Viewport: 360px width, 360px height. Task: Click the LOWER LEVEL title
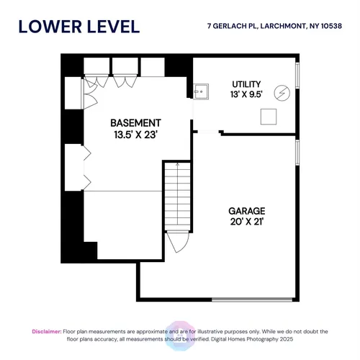tap(79, 27)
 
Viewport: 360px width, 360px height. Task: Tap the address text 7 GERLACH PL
tap(233, 26)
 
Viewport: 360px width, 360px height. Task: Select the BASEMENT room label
tap(135, 123)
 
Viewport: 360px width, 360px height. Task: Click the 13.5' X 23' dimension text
tap(135, 135)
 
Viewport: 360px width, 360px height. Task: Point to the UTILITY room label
tap(246, 84)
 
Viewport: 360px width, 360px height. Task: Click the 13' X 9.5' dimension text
tap(246, 94)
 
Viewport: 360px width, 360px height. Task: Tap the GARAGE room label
tap(247, 211)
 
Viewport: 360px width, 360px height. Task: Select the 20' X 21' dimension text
tap(247, 221)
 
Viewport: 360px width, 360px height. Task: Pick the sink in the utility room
tap(201, 91)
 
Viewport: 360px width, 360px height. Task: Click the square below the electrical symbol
tap(269, 117)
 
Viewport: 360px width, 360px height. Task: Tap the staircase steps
tap(177, 195)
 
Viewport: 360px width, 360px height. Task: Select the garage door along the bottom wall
tap(252, 300)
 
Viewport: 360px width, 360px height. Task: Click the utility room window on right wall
tap(297, 76)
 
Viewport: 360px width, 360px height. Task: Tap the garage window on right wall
tap(297, 153)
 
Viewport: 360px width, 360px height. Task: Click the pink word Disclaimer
tap(47, 331)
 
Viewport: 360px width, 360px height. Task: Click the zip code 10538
tap(331, 26)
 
